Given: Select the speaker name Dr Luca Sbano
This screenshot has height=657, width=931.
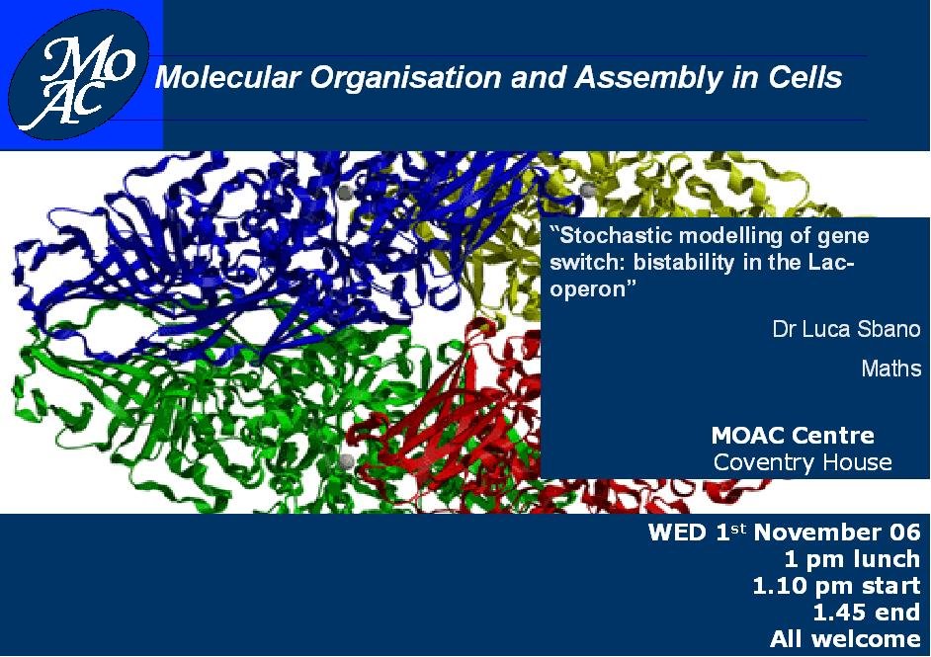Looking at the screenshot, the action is click(846, 329).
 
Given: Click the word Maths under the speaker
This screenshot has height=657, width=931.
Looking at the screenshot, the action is click(890, 369).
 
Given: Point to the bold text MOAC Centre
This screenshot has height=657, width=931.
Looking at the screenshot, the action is click(793, 436).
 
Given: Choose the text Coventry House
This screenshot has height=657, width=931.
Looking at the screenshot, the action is click(803, 462).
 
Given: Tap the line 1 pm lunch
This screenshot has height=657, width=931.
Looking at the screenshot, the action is click(852, 559).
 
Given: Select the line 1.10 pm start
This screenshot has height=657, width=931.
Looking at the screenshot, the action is click(836, 586).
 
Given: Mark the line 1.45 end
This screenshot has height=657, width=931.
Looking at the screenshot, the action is click(867, 613).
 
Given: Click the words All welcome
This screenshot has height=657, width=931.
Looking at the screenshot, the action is click(845, 639).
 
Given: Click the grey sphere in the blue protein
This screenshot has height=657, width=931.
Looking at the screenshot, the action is click(345, 191).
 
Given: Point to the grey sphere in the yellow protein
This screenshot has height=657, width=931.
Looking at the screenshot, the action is click(588, 190).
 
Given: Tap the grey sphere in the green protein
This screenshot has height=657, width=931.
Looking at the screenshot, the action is click(346, 460).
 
